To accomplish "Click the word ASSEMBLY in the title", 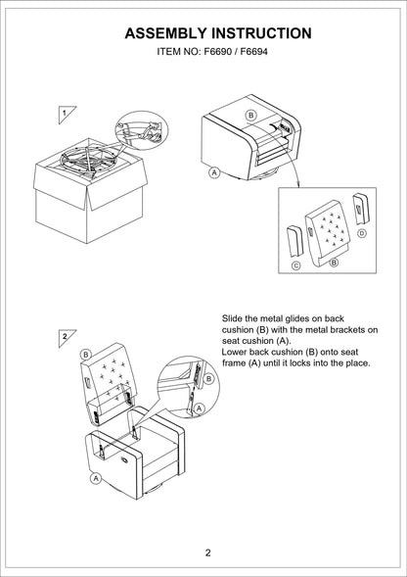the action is click(166, 33).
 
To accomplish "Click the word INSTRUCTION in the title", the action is click(262, 33).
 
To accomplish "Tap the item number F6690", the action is click(218, 52).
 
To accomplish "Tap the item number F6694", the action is click(253, 52).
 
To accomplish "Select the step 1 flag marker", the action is click(66, 114).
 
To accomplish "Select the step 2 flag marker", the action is click(66, 337).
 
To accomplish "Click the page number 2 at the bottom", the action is click(208, 553).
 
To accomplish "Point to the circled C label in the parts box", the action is click(296, 265).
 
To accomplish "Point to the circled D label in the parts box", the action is click(362, 233).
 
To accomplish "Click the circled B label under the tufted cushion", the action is click(334, 263).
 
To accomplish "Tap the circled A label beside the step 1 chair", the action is click(213, 172).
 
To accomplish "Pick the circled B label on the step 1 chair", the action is click(250, 116).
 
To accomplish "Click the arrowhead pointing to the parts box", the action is click(298, 184).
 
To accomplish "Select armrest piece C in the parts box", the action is click(294, 241).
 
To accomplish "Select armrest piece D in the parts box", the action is click(360, 209).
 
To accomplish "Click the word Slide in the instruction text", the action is click(230, 318).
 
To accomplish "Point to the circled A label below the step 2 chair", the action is click(96, 478).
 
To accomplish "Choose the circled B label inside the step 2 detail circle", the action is click(208, 379).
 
